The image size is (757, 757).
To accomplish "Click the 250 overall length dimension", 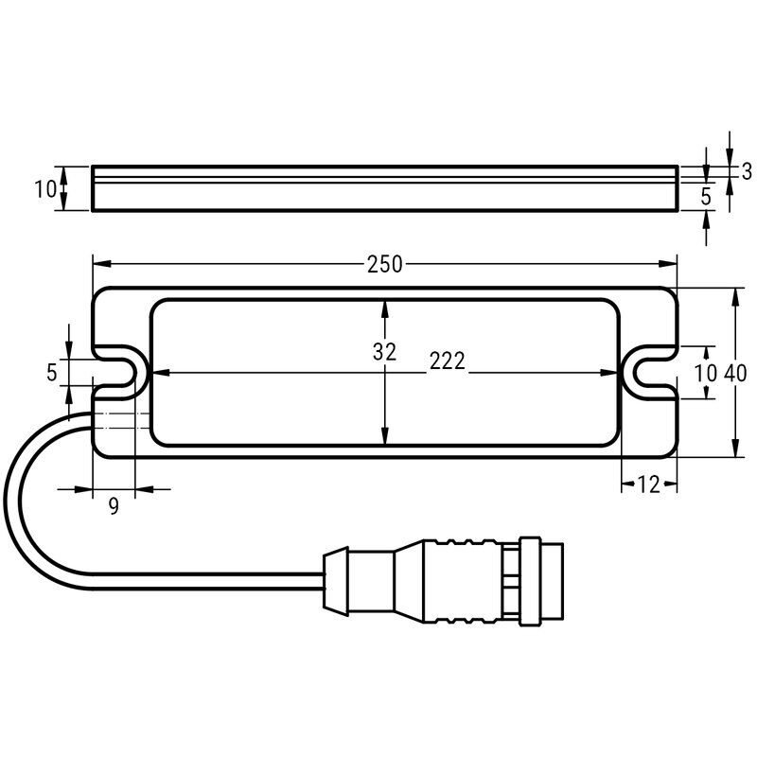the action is pos(384,265).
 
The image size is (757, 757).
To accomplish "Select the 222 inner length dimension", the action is pos(448,361).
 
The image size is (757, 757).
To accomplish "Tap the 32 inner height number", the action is pos(384,352).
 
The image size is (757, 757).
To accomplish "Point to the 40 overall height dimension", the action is pos(735,373).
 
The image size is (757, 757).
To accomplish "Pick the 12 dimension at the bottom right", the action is pos(648,484).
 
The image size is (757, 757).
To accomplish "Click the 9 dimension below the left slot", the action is pos(114,506).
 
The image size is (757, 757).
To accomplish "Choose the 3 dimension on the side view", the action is pos(747,171).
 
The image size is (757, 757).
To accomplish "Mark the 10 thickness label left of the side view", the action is pos(45,189).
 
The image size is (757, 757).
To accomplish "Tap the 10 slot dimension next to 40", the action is pos(705,373).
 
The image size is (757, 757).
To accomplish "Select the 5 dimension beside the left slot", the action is pos(52,372).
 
